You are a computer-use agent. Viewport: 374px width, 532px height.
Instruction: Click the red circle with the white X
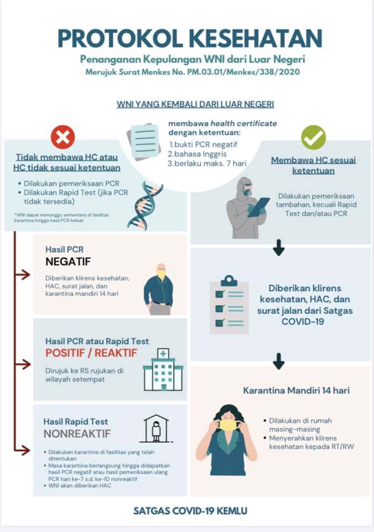pos(63,137)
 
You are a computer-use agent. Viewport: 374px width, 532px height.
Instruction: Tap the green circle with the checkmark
pos(313,137)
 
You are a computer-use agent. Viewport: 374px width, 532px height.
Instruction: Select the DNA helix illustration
pos(145,206)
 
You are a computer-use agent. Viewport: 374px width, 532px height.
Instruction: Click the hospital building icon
pos(163,370)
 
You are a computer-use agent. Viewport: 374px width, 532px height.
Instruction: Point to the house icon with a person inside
pos(156,428)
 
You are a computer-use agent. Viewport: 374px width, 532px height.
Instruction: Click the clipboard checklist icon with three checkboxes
pos(229,304)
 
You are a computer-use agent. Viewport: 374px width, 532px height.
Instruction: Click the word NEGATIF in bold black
pos(68,262)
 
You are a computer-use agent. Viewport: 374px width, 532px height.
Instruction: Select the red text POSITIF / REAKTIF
pos(91,353)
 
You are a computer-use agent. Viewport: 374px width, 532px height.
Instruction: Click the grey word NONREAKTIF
pos(77,433)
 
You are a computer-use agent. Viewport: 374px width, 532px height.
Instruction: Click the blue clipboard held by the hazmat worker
pos(259,206)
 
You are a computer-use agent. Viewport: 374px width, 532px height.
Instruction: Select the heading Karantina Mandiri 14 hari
pos(296,391)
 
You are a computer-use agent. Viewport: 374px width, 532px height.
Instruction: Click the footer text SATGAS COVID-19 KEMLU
pos(190,510)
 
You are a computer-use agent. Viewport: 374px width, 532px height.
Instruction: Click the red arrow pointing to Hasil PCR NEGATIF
pos(22,274)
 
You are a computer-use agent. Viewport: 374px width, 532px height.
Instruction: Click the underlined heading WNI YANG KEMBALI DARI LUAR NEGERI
pos(195,104)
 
